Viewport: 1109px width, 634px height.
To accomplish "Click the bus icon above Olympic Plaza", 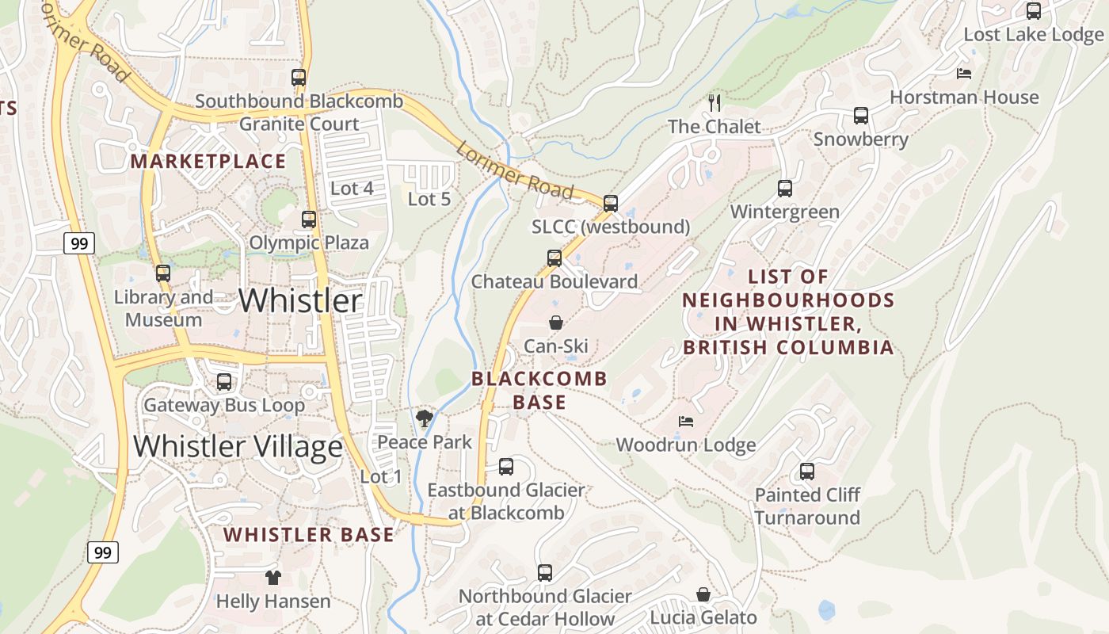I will (309, 220).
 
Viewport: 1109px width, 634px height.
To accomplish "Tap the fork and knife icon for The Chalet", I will (715, 102).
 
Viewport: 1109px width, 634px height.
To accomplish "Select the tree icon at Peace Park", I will (425, 418).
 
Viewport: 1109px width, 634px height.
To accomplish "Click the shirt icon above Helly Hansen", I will (273, 578).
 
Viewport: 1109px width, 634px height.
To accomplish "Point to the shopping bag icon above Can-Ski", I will (556, 323).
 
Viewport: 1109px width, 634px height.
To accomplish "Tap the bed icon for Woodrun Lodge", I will (686, 422).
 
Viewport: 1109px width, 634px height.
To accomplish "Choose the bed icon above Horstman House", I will (964, 74).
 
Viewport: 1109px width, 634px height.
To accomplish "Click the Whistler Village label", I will (238, 447).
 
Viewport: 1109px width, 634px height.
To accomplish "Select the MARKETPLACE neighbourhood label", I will (208, 162).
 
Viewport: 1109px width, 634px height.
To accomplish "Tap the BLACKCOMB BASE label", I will (539, 390).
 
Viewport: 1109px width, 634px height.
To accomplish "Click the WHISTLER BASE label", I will (308, 535).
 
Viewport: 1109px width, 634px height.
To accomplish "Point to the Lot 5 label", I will (429, 199).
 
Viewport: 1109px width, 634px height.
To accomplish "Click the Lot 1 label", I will (381, 477).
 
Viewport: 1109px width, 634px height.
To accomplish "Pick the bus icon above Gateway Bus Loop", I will (224, 382).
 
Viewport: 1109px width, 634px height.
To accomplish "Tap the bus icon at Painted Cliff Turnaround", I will (807, 472).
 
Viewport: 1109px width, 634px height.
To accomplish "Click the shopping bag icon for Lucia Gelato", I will (703, 594).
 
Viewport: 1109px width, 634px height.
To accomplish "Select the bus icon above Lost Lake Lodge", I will (1034, 11).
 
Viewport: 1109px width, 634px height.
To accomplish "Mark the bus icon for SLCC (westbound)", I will (611, 204).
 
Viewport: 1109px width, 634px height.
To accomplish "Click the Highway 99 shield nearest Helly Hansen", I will (102, 552).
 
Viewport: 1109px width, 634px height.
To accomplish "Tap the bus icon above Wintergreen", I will (785, 189).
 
